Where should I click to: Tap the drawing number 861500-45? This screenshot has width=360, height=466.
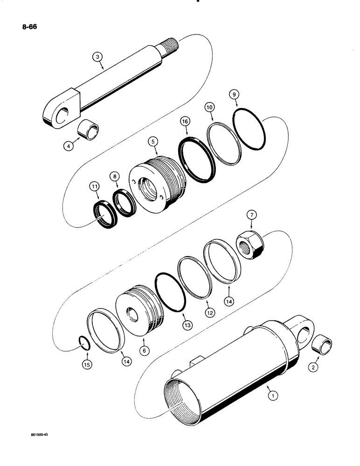pos(36,434)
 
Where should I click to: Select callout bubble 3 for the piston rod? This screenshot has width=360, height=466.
pos(97,57)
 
